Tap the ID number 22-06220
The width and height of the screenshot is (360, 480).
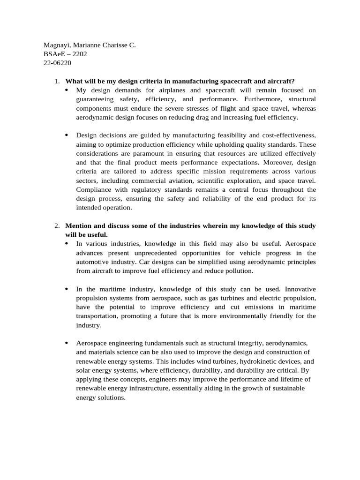coord(57,63)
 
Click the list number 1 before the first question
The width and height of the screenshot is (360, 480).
coord(56,81)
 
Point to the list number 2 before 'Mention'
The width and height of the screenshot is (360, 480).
coord(56,226)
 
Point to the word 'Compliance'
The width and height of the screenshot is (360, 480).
coord(94,189)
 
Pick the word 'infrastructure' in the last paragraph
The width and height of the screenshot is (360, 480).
coord(153,388)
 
